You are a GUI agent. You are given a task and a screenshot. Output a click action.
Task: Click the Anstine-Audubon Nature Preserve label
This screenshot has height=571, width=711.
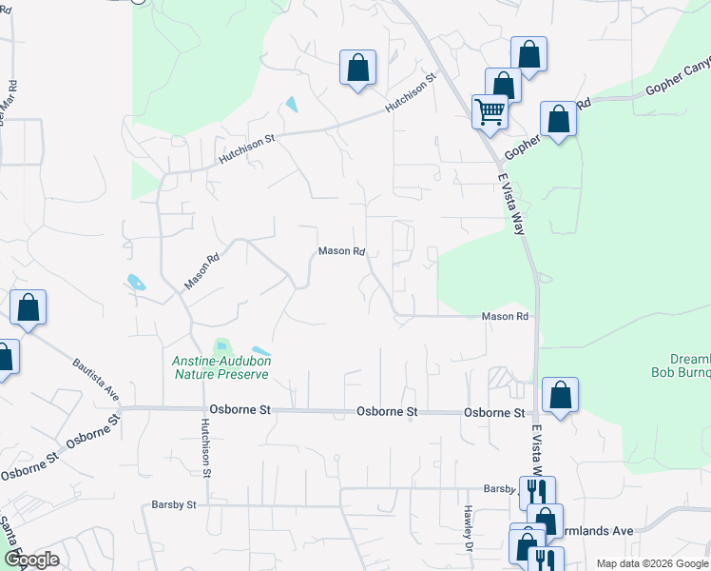[221, 367]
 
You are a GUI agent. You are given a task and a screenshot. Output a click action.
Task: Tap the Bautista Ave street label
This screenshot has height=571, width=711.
[96, 379]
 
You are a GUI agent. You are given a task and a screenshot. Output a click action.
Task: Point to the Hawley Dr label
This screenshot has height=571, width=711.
[469, 527]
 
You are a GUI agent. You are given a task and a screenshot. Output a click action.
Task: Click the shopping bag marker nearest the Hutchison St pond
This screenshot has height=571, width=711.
[357, 69]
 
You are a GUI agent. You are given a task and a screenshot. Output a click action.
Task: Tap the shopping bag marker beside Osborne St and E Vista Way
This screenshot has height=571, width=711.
[561, 396]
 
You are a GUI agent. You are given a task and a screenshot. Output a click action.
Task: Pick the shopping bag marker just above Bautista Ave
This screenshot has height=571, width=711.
[29, 308]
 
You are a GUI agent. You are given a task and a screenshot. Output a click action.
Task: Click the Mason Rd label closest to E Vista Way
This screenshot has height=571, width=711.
[504, 316]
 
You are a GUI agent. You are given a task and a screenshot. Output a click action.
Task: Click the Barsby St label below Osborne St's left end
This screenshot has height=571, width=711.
[173, 504]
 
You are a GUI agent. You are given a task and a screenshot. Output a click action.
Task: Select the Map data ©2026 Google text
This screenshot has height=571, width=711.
[651, 563]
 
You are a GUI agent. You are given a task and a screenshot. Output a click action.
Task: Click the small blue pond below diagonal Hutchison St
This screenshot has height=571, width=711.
[292, 105]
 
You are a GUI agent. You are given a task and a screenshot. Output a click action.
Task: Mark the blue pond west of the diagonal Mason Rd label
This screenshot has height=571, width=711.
[136, 282]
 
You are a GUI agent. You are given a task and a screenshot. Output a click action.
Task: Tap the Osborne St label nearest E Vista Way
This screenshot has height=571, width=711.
[494, 413]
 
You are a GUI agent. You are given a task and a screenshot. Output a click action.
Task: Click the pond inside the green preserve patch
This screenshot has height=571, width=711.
[222, 346]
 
